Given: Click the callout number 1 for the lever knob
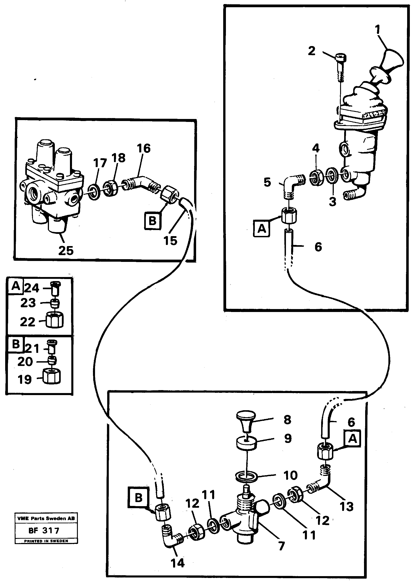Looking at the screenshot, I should tap(378, 30).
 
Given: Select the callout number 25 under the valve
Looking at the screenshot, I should tap(66, 251).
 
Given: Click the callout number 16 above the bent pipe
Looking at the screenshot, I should tap(144, 148).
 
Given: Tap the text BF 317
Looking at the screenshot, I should tap(44, 530).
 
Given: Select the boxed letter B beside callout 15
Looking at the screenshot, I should tap(152, 221).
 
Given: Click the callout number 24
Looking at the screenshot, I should tap(32, 288).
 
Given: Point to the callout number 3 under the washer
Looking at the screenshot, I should tap(332, 202).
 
